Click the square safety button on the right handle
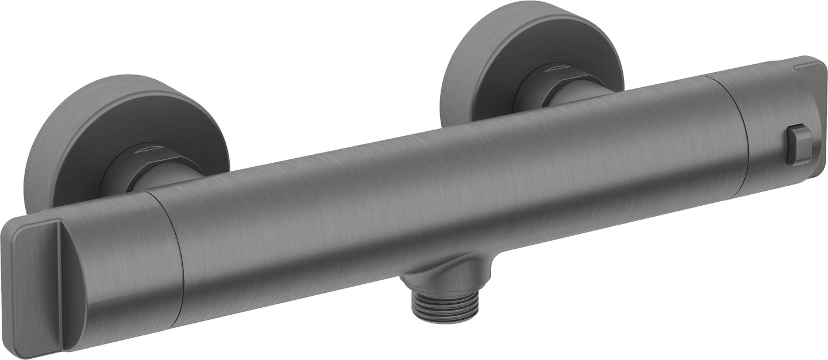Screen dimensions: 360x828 [799, 145]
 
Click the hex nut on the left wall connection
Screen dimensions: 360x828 [135, 166]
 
